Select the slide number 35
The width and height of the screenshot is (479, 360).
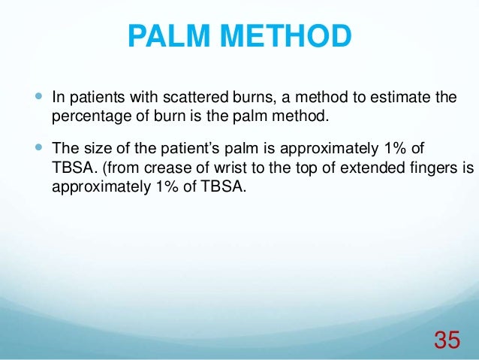tap(447, 340)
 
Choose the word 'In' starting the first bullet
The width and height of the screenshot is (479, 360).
tap(57, 98)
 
